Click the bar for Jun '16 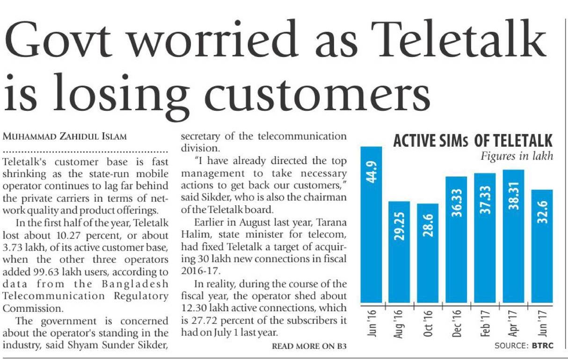click(x=371, y=224)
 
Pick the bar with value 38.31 click(x=513, y=236)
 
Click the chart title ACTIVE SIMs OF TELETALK click(x=473, y=141)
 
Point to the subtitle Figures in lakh click(x=517, y=156)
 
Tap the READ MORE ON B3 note click(x=309, y=346)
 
